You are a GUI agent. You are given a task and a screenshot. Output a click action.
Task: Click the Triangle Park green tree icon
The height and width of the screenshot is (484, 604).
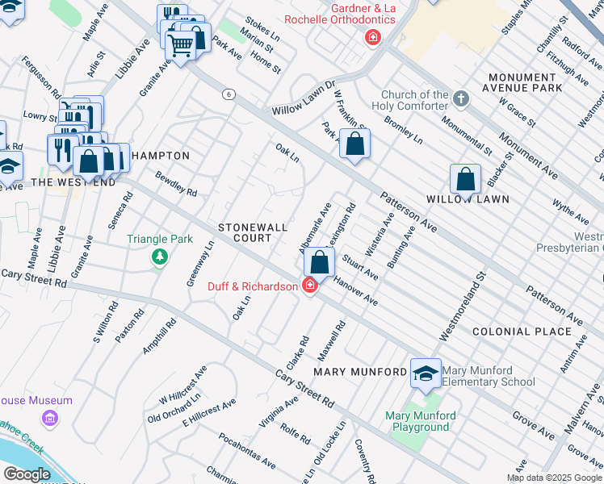point(160,257)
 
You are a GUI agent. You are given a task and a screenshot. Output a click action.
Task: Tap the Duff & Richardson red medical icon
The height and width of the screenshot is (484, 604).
point(309,286)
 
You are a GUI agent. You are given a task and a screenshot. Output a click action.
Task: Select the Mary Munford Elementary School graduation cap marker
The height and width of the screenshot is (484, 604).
point(426,373)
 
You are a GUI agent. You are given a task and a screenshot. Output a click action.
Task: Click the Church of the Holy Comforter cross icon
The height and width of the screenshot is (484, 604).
point(461,99)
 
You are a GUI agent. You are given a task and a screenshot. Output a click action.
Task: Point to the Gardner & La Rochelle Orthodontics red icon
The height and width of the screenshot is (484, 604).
point(372,36)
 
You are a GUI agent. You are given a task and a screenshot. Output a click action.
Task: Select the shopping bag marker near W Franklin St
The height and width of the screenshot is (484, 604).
point(354,144)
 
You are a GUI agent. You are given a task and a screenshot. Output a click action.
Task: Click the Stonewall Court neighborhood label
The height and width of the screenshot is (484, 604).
point(253,233)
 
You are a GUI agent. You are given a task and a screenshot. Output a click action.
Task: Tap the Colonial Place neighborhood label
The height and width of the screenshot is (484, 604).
point(522,332)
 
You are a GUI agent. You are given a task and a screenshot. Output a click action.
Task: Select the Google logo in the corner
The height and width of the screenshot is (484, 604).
point(27,474)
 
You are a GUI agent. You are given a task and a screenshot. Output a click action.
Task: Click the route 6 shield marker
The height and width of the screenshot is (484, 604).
point(229,94)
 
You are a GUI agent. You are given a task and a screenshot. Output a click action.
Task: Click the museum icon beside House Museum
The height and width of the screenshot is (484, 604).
point(50,418)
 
